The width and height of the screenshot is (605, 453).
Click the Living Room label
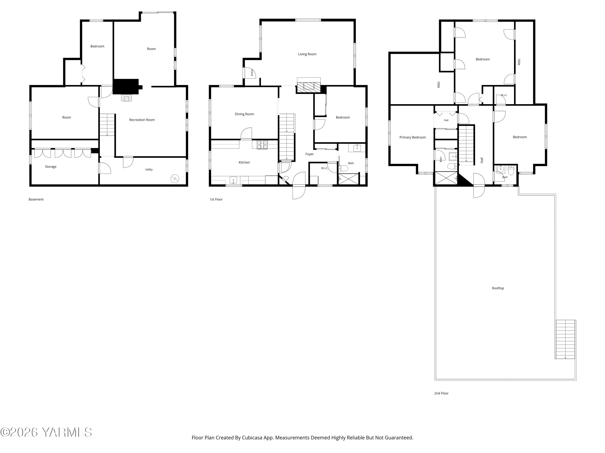(x=307, y=54)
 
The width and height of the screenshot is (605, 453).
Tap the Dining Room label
(x=244, y=114)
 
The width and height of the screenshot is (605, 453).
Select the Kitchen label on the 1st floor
(x=244, y=162)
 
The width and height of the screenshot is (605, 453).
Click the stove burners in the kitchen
(x=262, y=145)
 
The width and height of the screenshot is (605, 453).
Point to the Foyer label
(x=310, y=154)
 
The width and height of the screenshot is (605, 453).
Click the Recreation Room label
(x=142, y=120)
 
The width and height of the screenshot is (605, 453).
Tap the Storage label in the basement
(x=51, y=167)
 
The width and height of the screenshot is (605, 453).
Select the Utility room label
(x=149, y=170)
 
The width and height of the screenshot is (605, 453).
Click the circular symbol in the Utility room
(x=175, y=179)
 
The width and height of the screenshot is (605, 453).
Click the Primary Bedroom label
(x=412, y=137)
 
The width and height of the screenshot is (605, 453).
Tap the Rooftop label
(x=498, y=288)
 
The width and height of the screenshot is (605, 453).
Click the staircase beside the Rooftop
(x=565, y=339)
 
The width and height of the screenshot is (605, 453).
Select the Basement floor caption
(x=36, y=199)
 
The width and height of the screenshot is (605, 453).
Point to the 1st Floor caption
(x=216, y=199)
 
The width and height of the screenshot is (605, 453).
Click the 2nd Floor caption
(x=441, y=393)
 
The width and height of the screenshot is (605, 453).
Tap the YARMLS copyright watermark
(x=46, y=432)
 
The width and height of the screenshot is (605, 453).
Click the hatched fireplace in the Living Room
(x=309, y=87)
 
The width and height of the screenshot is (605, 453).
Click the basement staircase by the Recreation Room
(x=107, y=125)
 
